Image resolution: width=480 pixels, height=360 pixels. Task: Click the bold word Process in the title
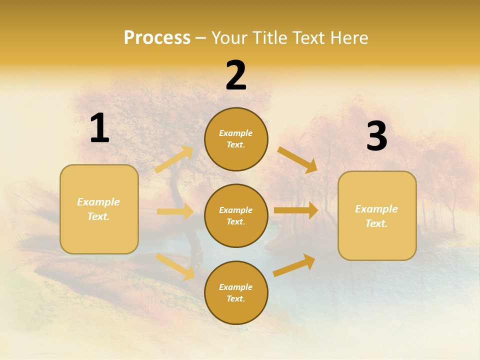coord(157,38)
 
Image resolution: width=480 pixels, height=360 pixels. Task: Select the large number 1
coord(99,128)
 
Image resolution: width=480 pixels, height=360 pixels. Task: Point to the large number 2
coord(236,76)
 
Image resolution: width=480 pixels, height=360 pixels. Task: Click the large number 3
coord(376,137)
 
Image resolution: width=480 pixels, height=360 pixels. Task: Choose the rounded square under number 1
coord(99,209)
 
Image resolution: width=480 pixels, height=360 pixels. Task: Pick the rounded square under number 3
coord(377,216)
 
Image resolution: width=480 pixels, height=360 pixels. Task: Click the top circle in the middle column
coord(236,139)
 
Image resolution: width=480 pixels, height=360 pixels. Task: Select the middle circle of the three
coord(236,215)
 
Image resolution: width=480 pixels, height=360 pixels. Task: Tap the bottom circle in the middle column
coord(236,292)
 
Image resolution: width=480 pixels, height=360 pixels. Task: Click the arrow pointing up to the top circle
coord(174,159)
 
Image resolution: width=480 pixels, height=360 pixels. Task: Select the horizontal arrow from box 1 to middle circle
coord(175,211)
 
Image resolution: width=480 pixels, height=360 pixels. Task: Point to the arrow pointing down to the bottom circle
coord(175,266)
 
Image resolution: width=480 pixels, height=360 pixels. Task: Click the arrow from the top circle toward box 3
coord(297,159)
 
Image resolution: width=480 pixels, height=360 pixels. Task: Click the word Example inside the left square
coord(98,202)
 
